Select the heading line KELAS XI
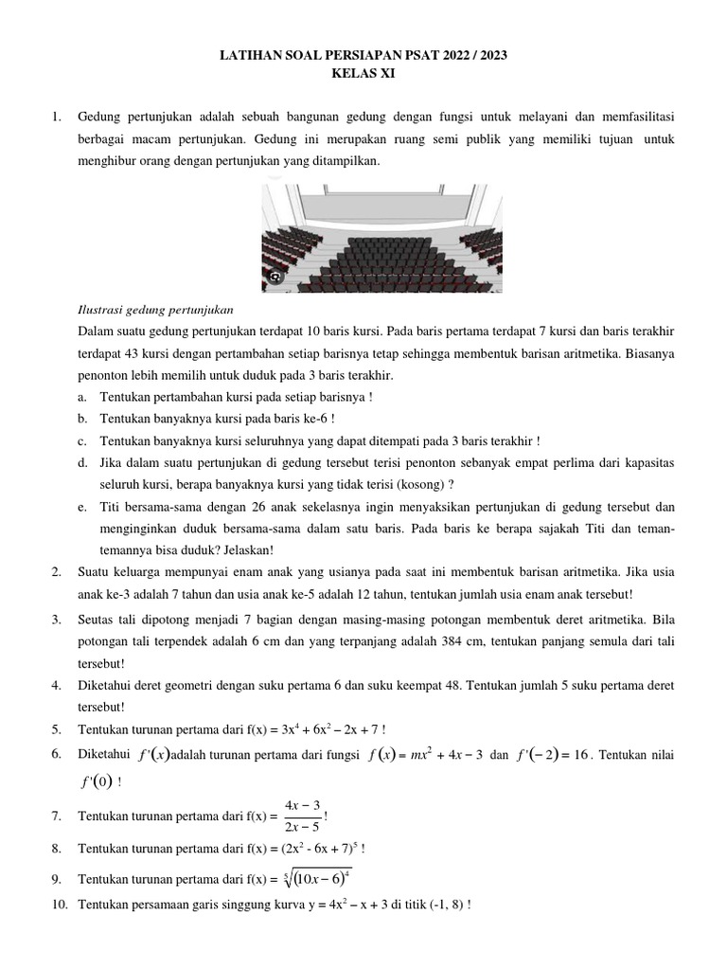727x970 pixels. [x=363, y=74]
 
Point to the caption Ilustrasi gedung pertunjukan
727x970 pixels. [x=154, y=310]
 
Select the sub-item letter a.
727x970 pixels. [x=83, y=397]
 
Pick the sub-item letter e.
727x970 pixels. [x=83, y=506]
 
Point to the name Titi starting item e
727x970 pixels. [x=112, y=506]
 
